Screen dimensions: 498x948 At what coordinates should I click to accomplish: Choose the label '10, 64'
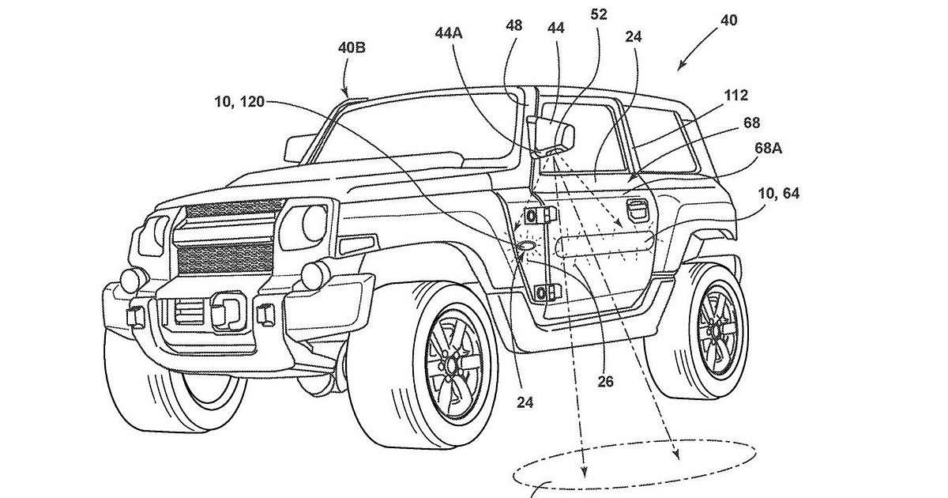[x=777, y=195]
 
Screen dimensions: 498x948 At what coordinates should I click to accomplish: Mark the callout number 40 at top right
[x=728, y=21]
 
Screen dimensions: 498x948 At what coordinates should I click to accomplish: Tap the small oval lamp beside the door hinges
[x=523, y=248]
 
